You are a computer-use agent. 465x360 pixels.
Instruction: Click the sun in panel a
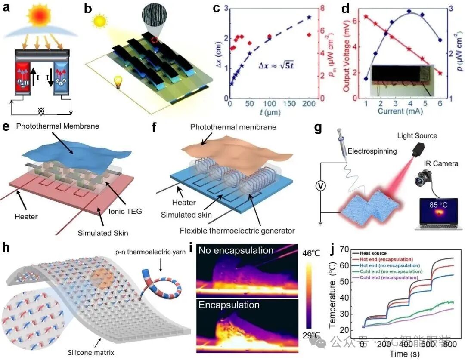41,17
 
